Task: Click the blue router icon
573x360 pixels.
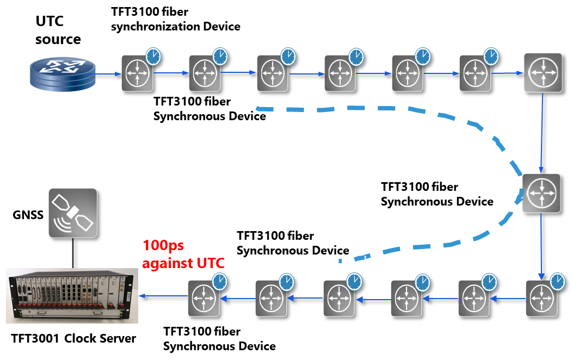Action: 61,73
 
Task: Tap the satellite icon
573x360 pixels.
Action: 72,213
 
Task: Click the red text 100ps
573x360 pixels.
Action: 163,245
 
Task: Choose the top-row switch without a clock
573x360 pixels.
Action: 542,72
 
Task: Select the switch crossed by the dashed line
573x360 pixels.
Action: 540,193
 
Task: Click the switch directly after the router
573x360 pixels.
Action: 137,73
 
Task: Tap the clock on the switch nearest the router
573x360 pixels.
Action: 153,56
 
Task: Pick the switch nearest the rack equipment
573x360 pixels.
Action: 204,298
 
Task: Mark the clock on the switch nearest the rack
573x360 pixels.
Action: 219,282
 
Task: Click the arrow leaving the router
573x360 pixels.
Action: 108,73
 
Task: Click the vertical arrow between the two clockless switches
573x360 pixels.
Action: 542,133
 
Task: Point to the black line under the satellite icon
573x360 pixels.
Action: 72,252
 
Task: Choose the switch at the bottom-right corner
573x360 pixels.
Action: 541,298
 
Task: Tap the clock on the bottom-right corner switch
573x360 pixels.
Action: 557,281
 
